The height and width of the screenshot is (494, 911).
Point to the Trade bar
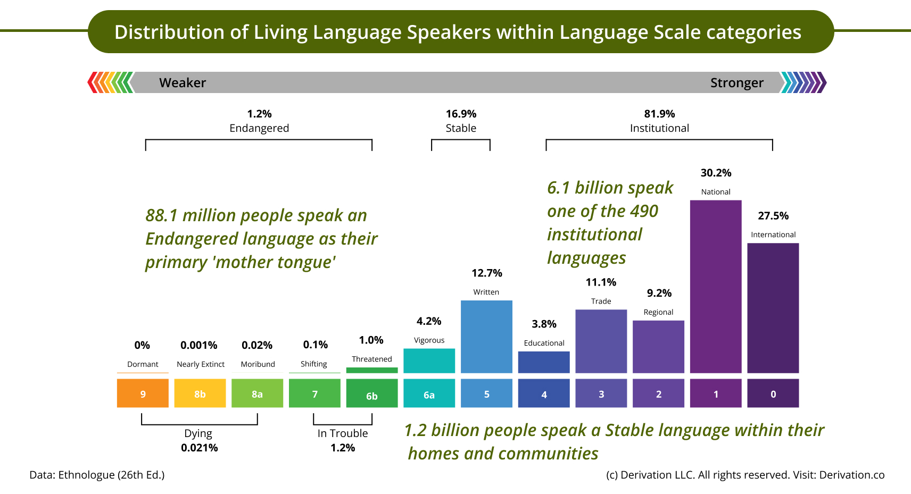click(601, 341)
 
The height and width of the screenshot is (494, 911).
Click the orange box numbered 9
click(143, 393)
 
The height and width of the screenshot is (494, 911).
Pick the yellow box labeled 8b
click(200, 393)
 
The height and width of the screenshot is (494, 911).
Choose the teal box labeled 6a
click(429, 393)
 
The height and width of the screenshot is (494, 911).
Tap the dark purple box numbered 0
click(773, 393)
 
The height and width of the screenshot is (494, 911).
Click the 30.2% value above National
click(716, 173)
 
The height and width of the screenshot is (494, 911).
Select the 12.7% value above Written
click(486, 273)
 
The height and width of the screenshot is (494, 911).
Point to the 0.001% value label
click(198, 345)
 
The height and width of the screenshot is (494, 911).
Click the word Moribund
click(258, 364)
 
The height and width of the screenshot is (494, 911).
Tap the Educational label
click(544, 343)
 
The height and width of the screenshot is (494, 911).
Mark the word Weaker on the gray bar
click(183, 83)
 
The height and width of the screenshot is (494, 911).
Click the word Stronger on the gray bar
click(736, 83)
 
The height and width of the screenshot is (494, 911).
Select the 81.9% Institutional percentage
click(659, 114)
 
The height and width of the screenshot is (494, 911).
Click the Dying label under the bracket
click(198, 433)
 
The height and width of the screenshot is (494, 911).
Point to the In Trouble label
click(343, 433)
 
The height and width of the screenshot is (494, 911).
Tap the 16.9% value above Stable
click(461, 114)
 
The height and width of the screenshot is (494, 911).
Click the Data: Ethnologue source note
click(97, 475)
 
